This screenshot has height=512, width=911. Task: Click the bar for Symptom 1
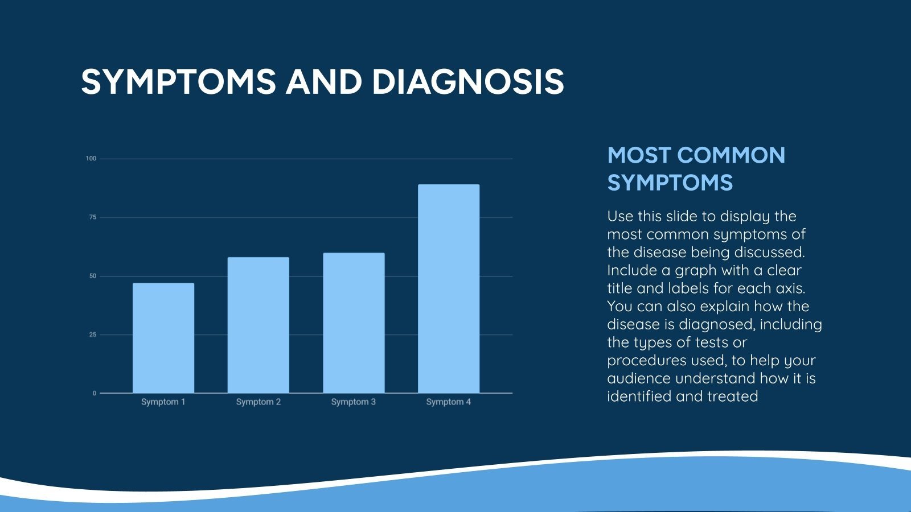(163, 338)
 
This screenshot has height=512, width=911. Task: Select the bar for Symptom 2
(258, 325)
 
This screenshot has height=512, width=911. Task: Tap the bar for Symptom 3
(354, 323)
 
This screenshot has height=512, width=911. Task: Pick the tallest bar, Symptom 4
(449, 288)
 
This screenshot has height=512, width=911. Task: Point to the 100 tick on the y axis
(91, 159)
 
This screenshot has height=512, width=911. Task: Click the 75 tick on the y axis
(93, 217)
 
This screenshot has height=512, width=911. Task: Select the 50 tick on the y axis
(93, 276)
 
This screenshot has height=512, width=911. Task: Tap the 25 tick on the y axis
(93, 335)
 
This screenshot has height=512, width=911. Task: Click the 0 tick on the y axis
(95, 393)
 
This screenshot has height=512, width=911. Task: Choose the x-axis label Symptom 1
(163, 402)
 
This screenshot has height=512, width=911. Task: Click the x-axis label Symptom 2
(258, 402)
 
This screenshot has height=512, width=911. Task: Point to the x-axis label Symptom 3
(354, 402)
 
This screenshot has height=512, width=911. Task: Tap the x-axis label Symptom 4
(449, 402)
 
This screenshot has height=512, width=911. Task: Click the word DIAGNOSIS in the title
(467, 81)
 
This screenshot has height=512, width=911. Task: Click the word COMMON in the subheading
(731, 155)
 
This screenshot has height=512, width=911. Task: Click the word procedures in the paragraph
(646, 361)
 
